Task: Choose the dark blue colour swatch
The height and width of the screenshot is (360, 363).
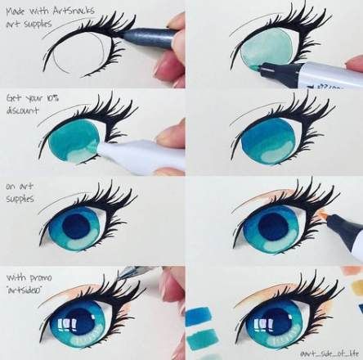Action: coord(200,315)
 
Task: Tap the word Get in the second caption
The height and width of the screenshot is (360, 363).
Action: coord(15,97)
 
